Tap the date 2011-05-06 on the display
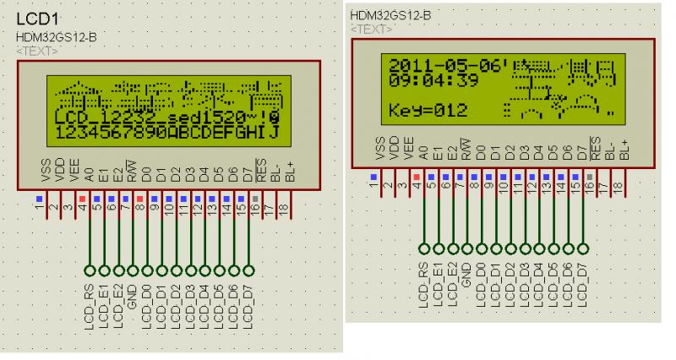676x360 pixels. (x=443, y=65)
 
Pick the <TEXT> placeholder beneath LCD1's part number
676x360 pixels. (x=36, y=51)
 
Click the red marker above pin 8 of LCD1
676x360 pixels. (x=139, y=199)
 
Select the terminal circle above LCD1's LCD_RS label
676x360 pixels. (x=89, y=270)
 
